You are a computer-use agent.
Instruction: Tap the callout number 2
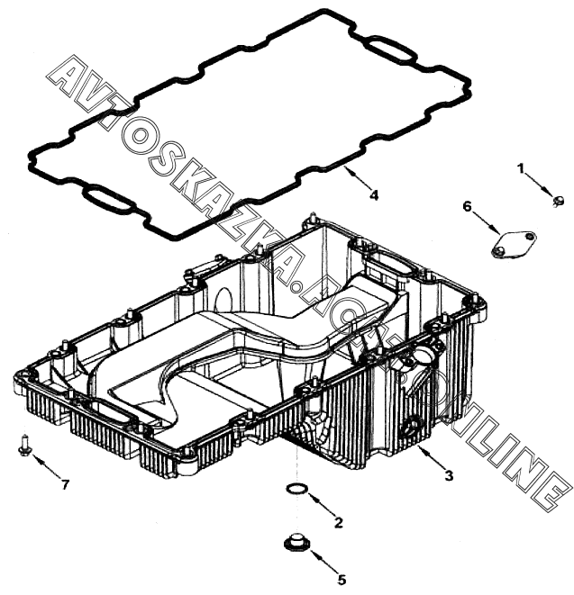click(338, 522)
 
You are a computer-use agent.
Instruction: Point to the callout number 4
click(374, 194)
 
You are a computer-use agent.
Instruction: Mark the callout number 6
click(467, 206)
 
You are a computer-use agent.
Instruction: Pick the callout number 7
click(64, 485)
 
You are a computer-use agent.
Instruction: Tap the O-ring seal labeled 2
click(296, 489)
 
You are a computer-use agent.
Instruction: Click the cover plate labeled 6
click(511, 244)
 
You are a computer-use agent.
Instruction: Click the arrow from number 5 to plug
click(320, 562)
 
